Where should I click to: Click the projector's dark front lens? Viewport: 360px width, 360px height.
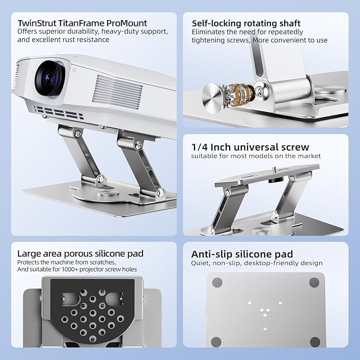50,78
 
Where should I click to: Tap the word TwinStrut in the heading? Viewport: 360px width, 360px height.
37,23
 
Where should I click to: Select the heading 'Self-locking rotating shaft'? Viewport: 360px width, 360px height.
246,23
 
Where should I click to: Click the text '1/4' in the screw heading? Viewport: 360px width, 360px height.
199,147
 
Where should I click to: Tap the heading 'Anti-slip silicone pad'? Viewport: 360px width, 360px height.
242,254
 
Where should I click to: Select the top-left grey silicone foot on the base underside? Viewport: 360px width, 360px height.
217,283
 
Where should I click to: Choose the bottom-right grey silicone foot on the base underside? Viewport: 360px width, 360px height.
315,343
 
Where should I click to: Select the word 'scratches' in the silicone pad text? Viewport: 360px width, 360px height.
100,262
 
